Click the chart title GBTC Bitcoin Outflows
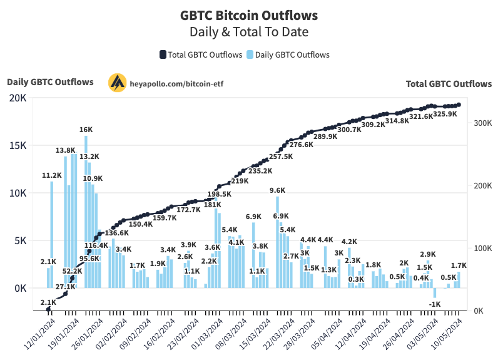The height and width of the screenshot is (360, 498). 248,15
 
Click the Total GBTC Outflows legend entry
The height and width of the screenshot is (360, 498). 201,54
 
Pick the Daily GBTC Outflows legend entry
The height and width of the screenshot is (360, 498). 288,54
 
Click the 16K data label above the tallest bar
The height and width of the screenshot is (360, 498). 86,130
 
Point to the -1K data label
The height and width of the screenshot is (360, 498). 435,304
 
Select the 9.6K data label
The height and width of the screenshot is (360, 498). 277,190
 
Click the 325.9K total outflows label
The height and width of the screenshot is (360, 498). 445,115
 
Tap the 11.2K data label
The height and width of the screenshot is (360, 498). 51,175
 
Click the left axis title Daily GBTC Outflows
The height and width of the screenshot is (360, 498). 50,82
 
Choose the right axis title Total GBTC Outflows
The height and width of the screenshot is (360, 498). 449,83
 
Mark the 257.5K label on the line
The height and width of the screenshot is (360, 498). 281,157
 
